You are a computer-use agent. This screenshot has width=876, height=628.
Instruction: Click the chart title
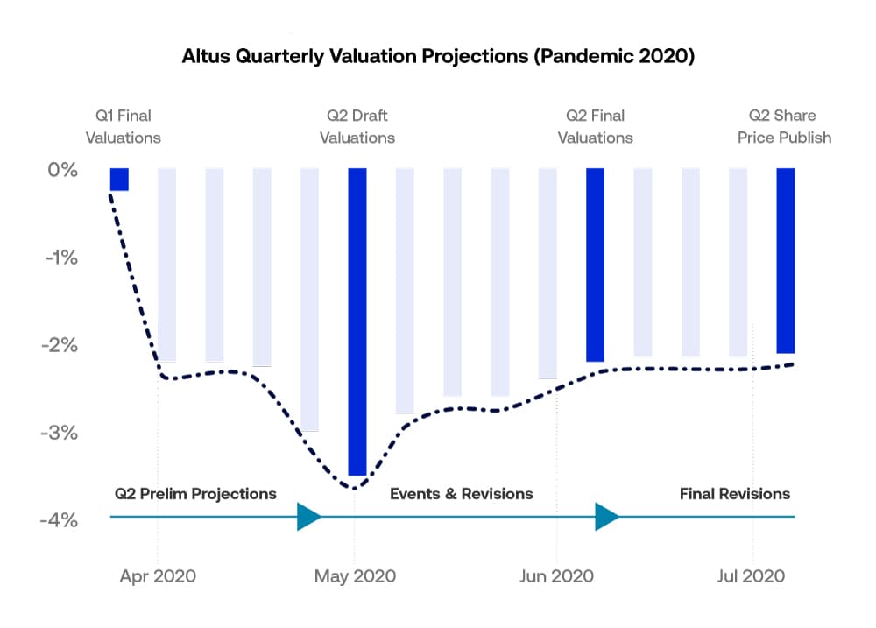pyautogui.click(x=437, y=56)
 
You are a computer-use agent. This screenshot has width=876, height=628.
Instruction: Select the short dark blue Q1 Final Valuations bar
pyautogui.click(x=119, y=180)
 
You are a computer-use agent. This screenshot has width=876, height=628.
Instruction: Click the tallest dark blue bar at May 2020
pyautogui.click(x=357, y=321)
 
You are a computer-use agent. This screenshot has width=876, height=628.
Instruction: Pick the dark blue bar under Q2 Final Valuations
pyautogui.click(x=595, y=265)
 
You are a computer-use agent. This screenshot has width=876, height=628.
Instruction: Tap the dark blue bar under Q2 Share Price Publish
pyautogui.click(x=786, y=260)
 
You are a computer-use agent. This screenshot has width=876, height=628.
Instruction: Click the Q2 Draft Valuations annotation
pyautogui.click(x=357, y=126)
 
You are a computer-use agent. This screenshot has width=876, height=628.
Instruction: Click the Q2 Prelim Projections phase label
pyautogui.click(x=195, y=494)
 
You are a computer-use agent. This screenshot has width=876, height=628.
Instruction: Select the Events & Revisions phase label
pyautogui.click(x=461, y=494)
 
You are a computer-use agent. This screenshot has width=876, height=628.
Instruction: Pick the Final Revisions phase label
pyautogui.click(x=734, y=494)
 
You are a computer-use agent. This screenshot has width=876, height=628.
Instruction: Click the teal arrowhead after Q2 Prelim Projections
pyautogui.click(x=308, y=517)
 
